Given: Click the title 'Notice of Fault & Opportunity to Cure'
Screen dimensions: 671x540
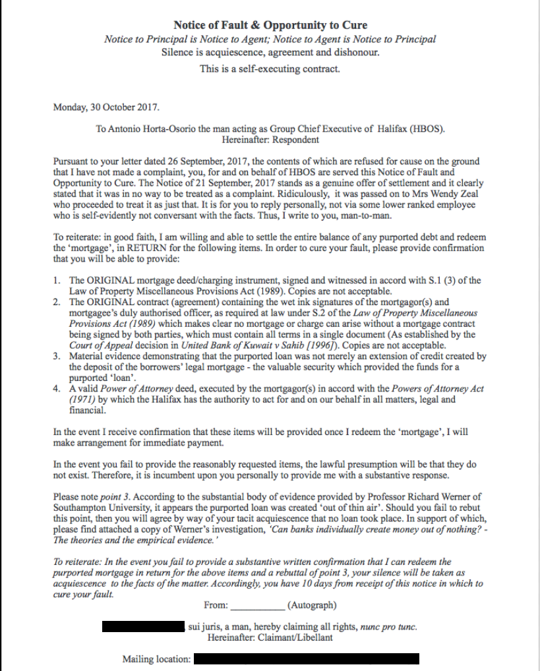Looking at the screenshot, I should click(270, 26).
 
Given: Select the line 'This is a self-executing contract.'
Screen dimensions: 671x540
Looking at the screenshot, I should click(270, 68).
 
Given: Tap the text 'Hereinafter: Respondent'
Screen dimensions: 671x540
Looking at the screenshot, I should click(270, 140).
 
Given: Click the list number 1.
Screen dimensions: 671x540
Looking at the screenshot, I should click(57, 280).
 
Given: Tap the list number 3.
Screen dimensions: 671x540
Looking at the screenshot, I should click(57, 356).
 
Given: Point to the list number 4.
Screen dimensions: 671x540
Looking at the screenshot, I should click(57, 389).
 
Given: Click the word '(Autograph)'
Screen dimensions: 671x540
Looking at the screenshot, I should click(312, 605).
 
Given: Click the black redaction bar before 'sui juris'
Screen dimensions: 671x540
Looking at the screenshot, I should click(144, 626).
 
